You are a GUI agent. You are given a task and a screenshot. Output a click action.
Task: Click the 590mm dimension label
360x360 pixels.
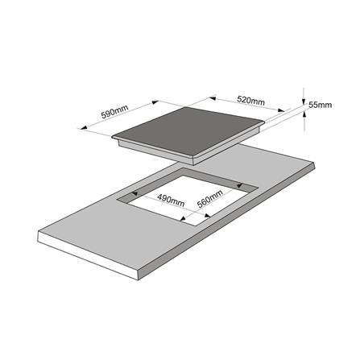pyautogui.click(x=114, y=111)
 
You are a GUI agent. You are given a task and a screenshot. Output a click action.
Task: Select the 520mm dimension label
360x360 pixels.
pyautogui.click(x=250, y=101)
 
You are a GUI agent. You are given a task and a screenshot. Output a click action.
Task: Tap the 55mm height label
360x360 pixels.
pyautogui.click(x=320, y=105)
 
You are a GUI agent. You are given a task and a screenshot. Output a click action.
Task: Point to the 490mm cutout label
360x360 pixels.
pyautogui.click(x=171, y=201)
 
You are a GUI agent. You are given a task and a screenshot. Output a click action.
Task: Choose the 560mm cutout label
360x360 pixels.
pyautogui.click(x=210, y=199)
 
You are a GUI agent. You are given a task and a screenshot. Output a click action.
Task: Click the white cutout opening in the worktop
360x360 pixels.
pyautogui.click(x=185, y=199)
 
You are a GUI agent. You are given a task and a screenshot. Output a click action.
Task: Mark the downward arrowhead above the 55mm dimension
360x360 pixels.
pyautogui.click(x=304, y=101)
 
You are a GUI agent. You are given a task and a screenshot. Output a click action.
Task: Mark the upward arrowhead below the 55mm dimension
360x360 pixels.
pyautogui.click(x=304, y=114)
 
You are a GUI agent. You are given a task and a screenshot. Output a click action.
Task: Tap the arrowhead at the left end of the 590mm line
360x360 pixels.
pyautogui.click(x=84, y=127)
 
